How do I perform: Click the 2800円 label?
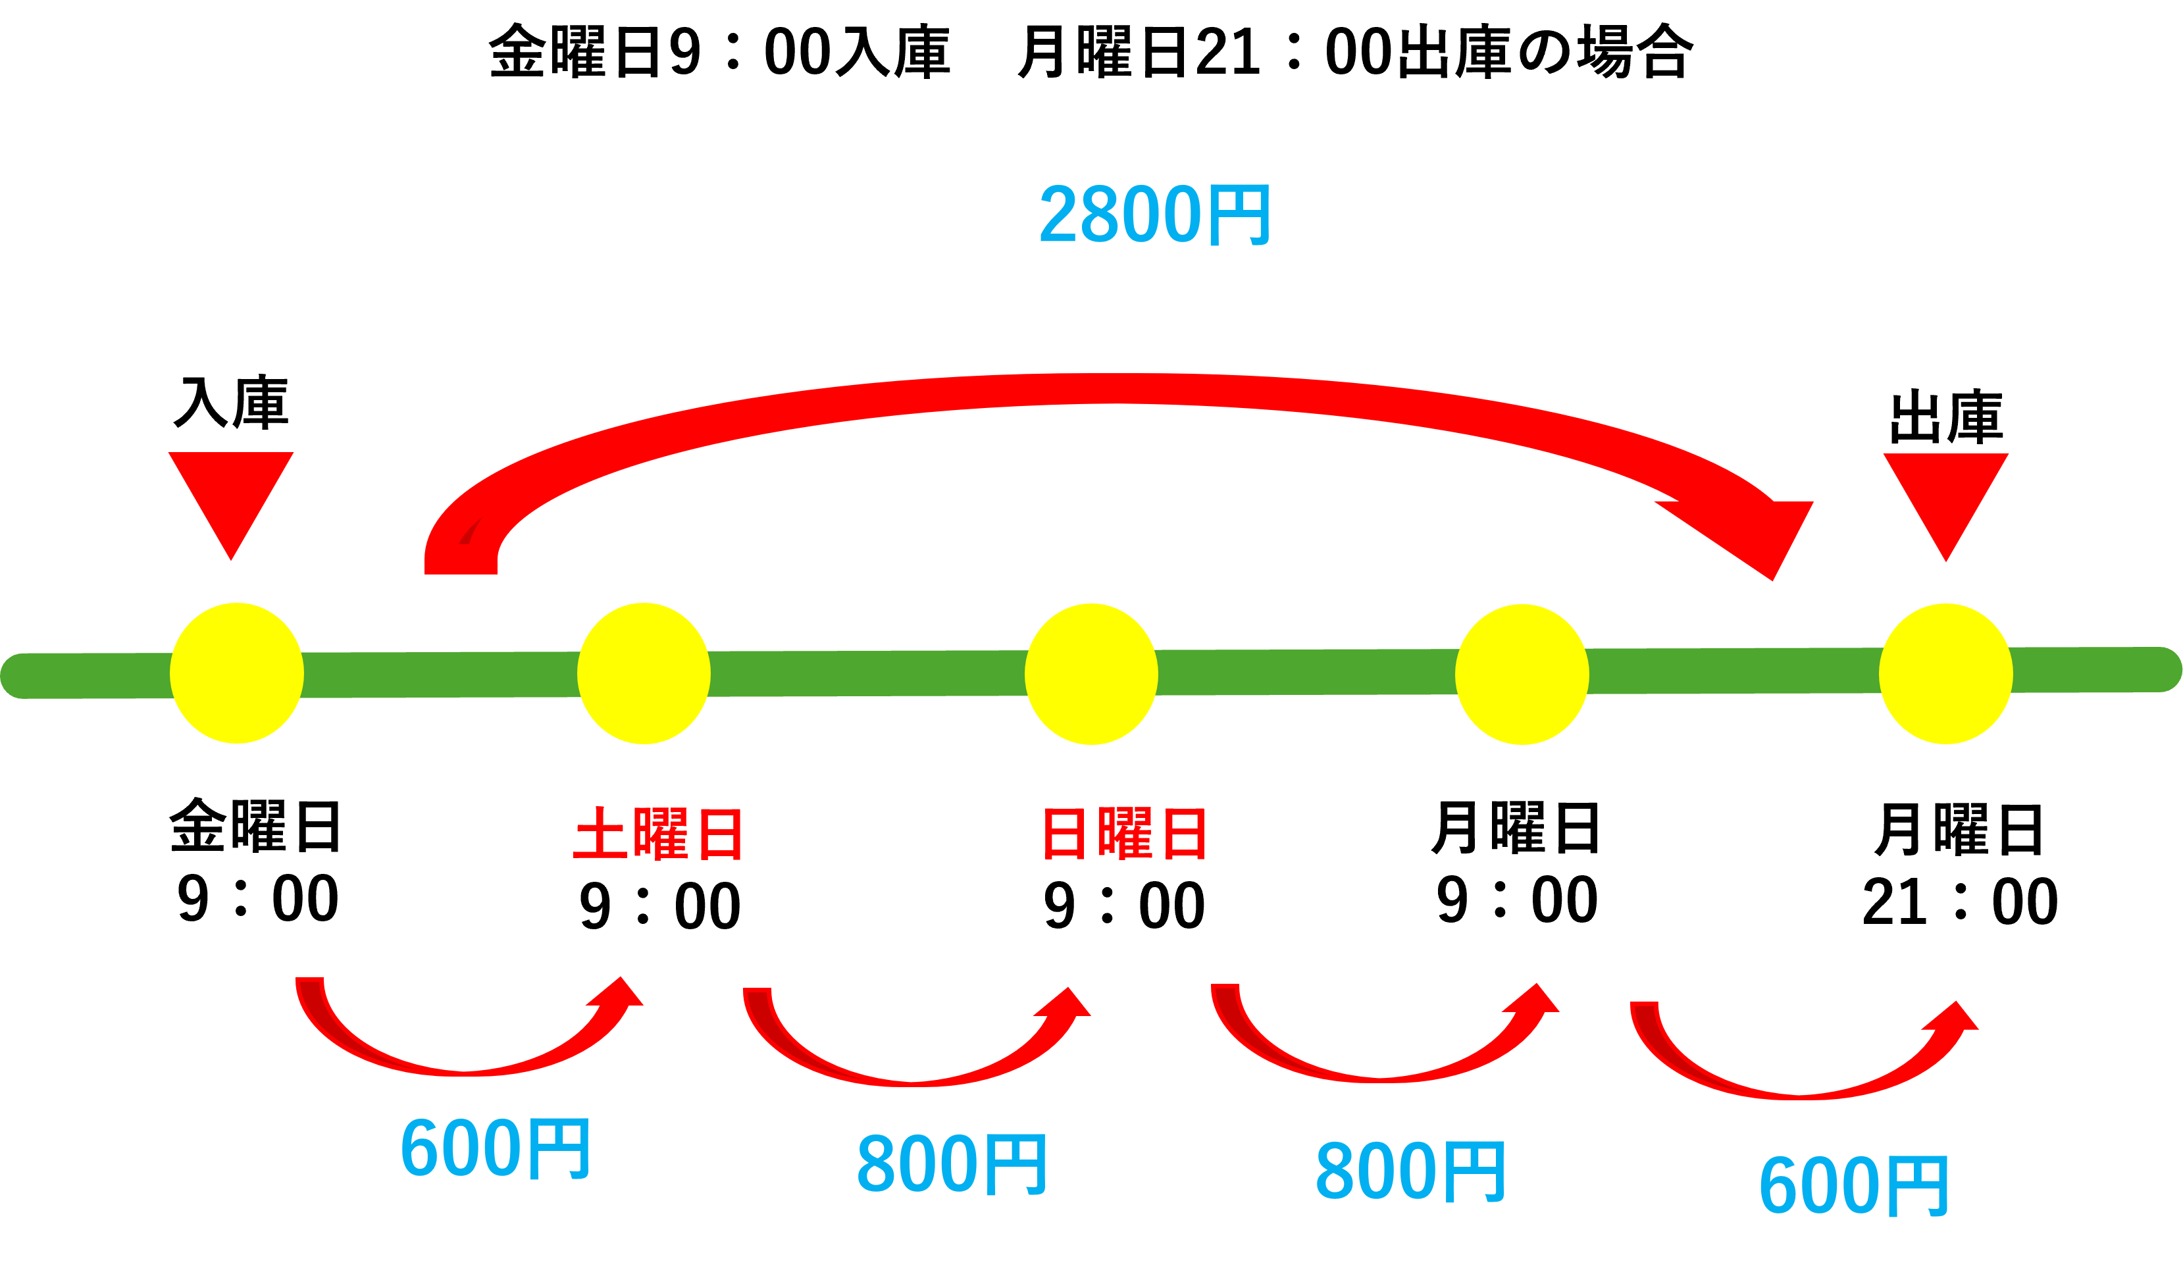[x=1155, y=214]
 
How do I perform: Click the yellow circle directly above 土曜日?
[x=644, y=673]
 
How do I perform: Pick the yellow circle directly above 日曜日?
[x=1091, y=674]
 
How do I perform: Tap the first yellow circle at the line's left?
[x=236, y=673]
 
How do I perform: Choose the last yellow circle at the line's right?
[x=1945, y=674]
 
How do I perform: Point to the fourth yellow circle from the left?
[x=1522, y=674]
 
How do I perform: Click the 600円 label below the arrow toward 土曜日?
[x=495, y=1148]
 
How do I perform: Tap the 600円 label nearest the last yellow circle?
[x=1853, y=1186]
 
